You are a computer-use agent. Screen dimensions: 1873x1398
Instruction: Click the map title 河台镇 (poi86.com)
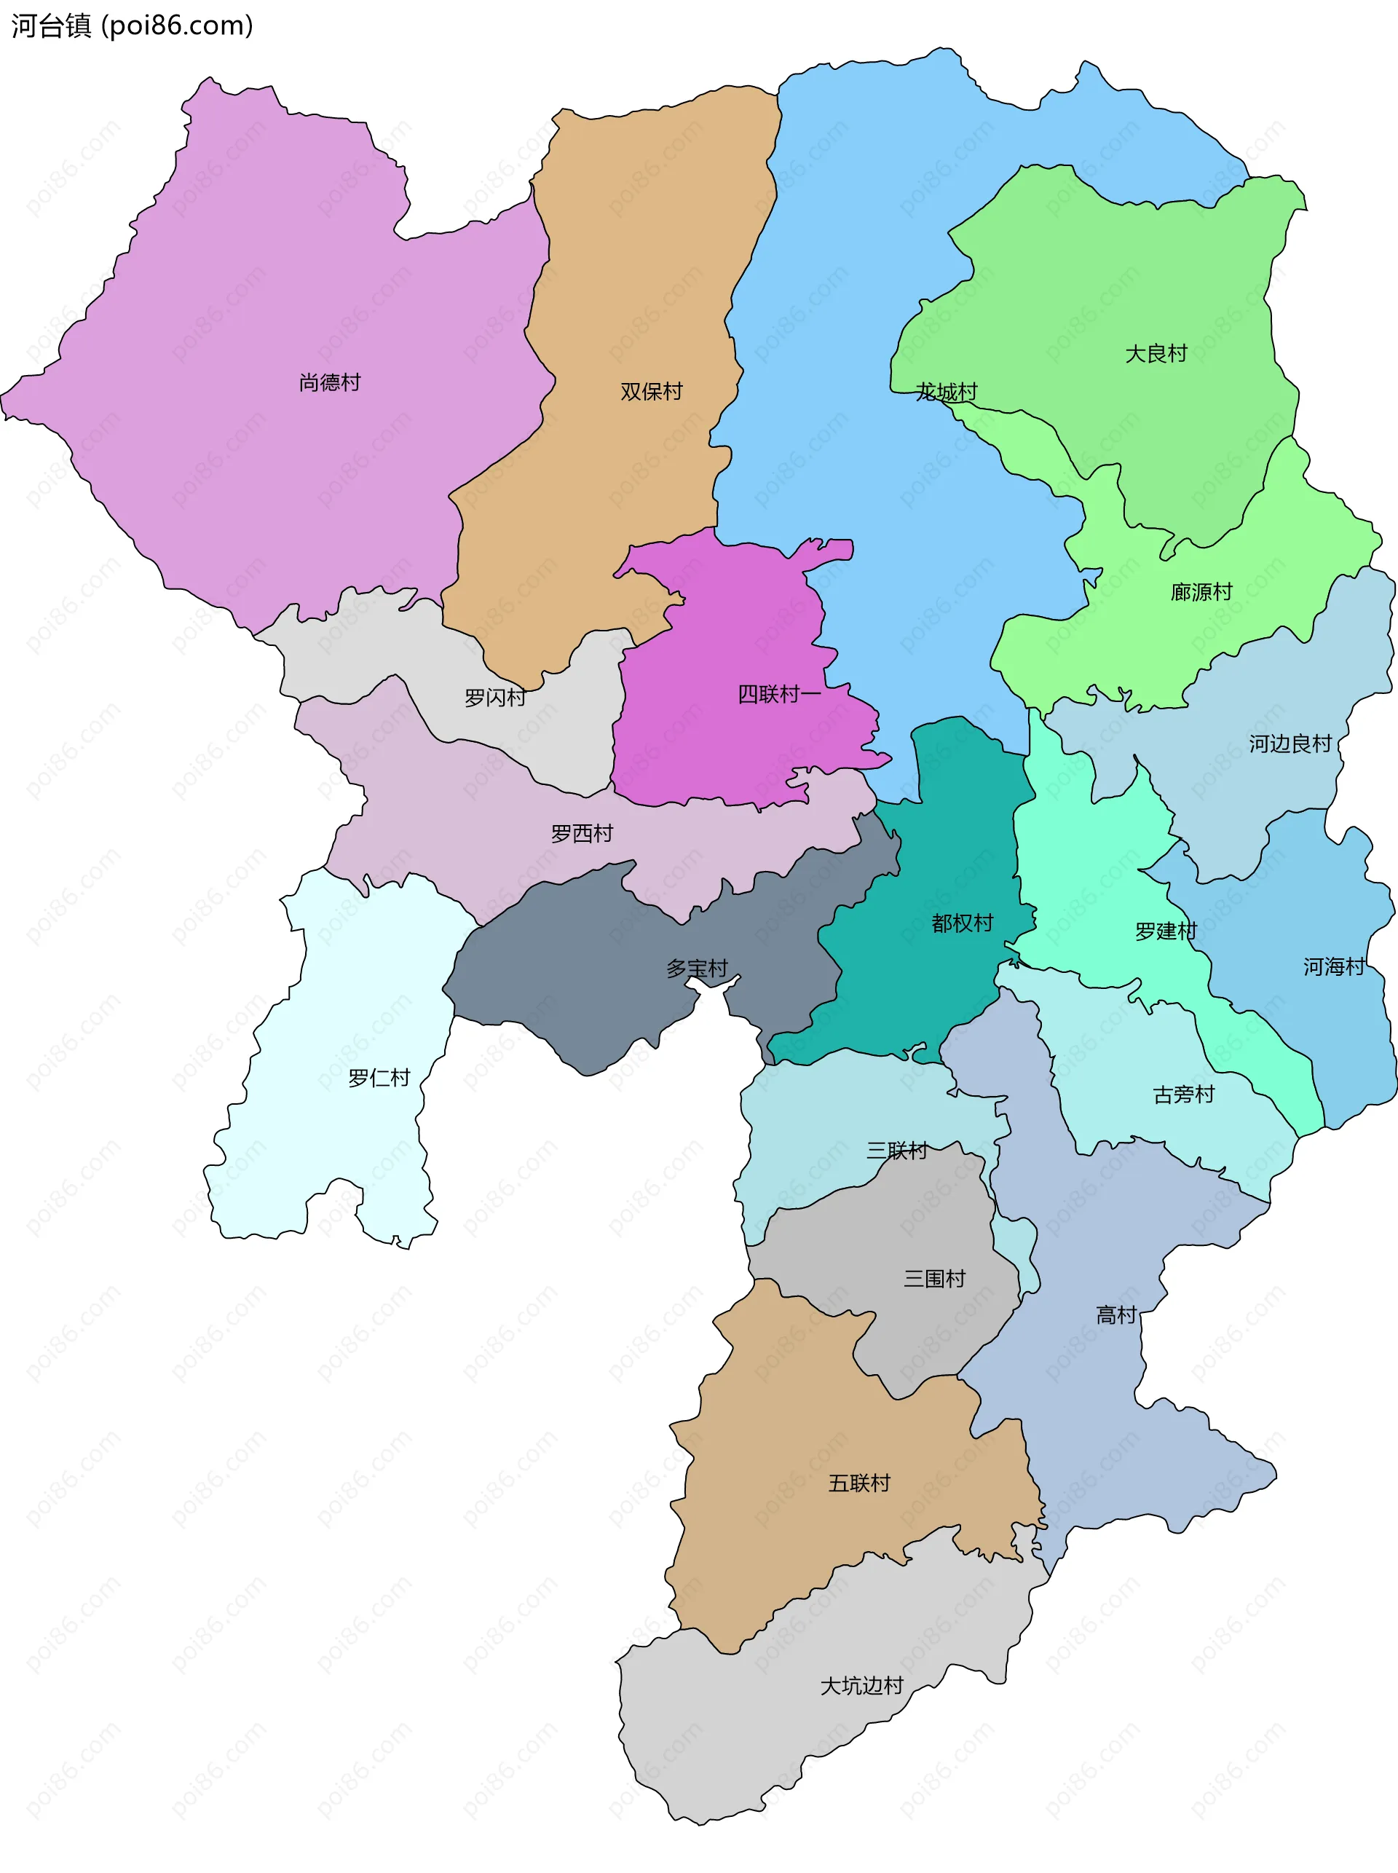tap(132, 25)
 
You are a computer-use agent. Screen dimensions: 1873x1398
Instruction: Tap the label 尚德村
tap(330, 382)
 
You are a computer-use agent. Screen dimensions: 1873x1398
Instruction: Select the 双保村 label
tap(651, 391)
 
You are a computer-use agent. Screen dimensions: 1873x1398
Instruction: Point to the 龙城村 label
tap(945, 392)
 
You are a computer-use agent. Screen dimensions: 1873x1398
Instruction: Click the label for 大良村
tap(1156, 353)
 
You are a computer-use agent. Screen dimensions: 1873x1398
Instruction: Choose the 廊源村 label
tap(1201, 591)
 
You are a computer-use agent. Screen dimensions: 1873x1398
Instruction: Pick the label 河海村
tap(1334, 966)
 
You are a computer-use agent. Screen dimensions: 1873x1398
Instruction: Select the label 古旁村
tap(1183, 1095)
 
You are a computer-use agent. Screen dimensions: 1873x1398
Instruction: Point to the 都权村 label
tap(962, 923)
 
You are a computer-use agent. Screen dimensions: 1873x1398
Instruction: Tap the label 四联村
tap(778, 694)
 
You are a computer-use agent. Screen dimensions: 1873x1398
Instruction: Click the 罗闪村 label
tap(495, 698)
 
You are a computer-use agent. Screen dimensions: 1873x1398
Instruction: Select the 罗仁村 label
tap(379, 1078)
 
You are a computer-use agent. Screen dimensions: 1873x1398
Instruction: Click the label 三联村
tap(896, 1150)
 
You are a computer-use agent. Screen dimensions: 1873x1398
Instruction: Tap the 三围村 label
tap(934, 1278)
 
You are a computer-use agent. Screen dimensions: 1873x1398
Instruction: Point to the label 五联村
tap(859, 1483)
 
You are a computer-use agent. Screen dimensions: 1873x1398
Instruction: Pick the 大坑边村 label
tap(861, 1686)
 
